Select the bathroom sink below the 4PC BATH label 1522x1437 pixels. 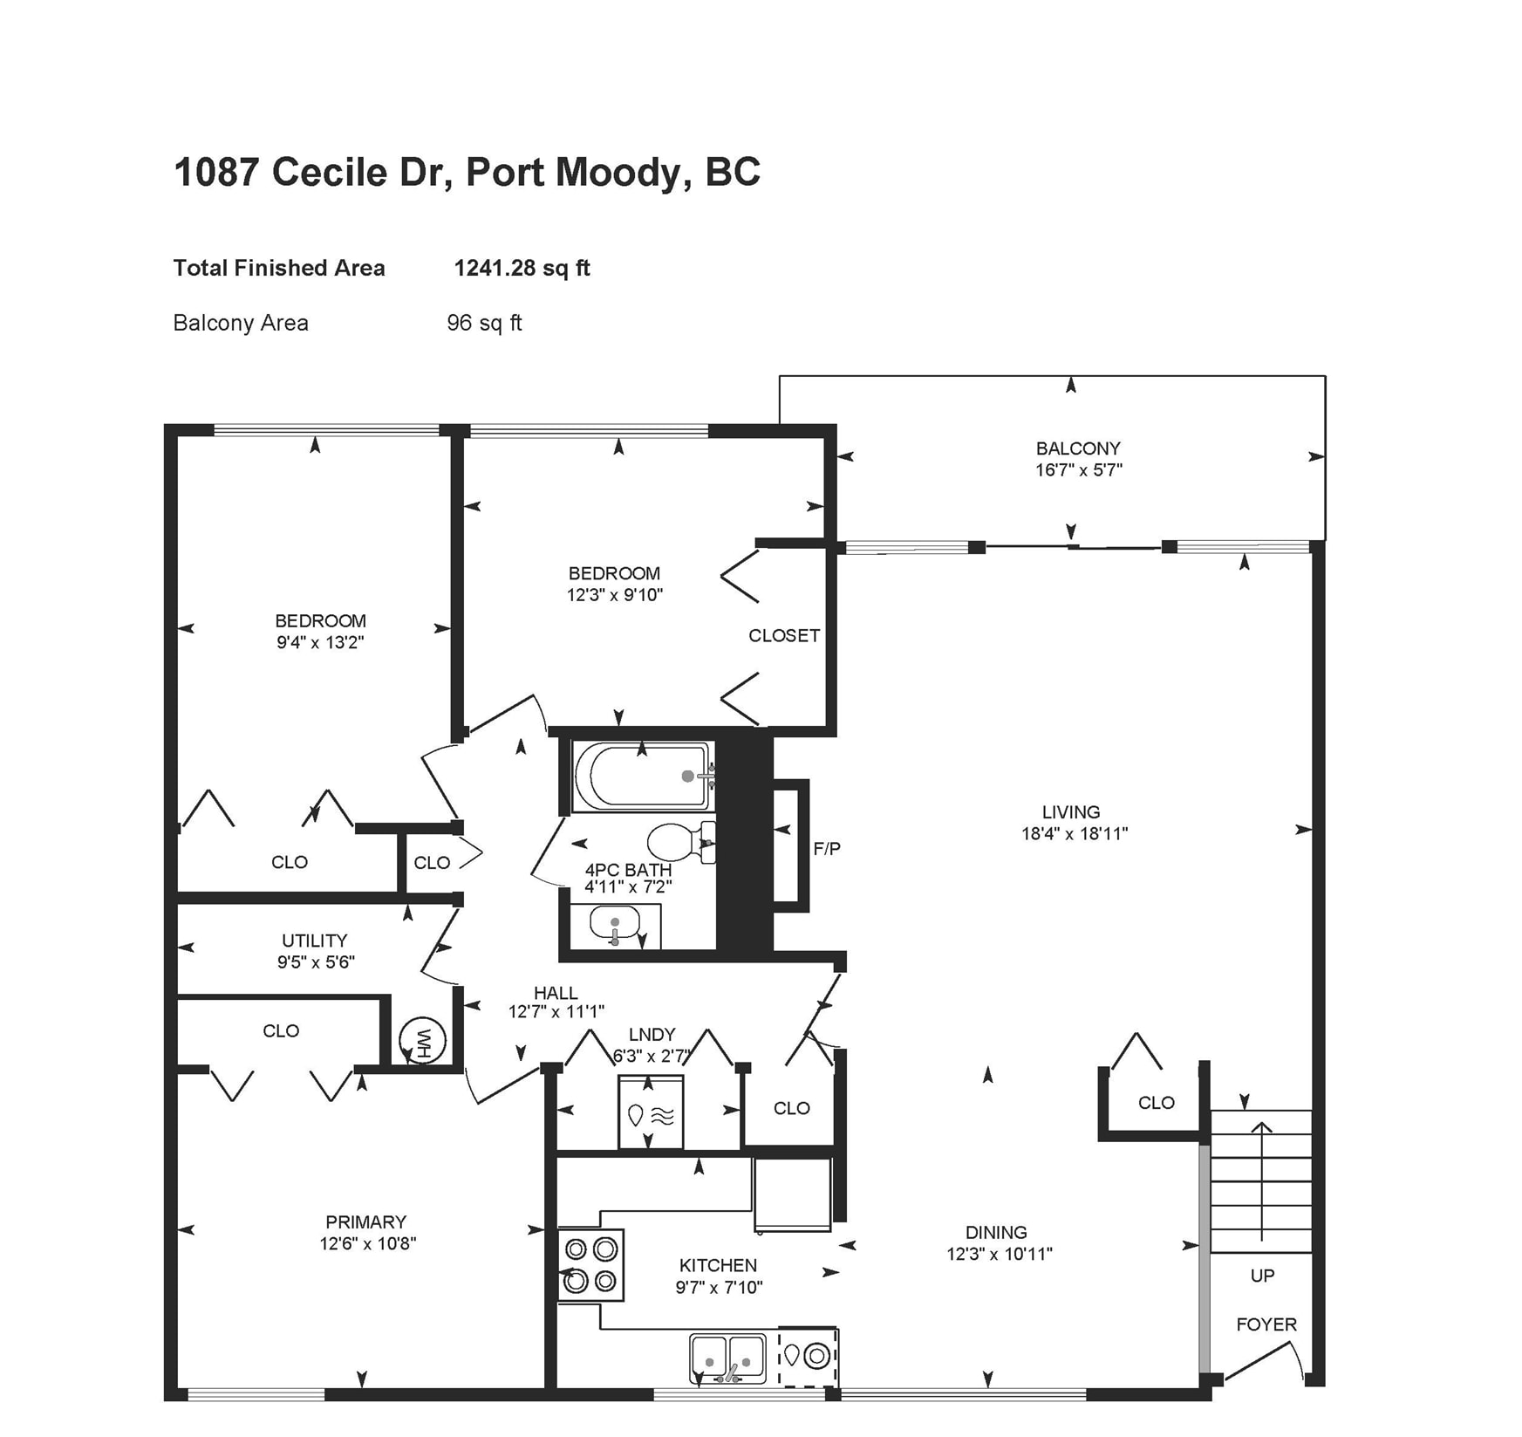point(614,924)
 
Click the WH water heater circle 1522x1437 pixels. point(423,1040)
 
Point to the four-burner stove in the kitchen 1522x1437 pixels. point(590,1264)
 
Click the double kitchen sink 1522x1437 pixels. point(727,1358)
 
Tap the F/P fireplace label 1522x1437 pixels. point(826,848)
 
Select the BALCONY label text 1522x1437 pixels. point(1078,448)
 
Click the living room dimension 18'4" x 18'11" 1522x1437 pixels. point(1075,833)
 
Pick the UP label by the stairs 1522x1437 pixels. point(1262,1276)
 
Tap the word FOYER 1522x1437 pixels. point(1266,1324)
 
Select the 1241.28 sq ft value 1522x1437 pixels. point(522,268)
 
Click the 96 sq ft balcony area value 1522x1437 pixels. point(484,323)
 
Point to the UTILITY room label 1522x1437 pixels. point(314,941)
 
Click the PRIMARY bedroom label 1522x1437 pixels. point(365,1221)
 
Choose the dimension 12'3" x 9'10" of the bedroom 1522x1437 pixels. point(614,595)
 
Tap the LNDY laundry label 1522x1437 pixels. point(652,1034)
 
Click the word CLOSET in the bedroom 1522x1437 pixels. point(783,636)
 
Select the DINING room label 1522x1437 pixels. point(995,1232)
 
